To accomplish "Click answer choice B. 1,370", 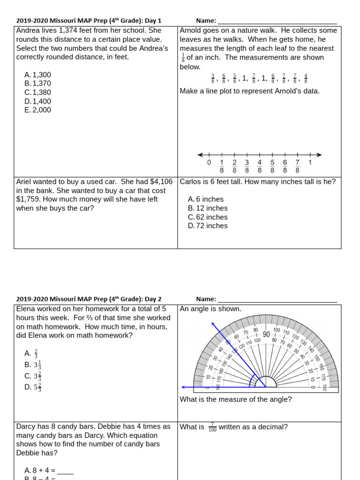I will point(37,83).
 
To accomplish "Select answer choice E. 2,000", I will point(37,110).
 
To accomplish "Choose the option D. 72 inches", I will point(208,226).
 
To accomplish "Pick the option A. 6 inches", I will point(206,199).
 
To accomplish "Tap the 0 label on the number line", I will point(209,163).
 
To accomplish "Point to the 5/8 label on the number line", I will point(272,166).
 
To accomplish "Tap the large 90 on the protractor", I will point(266,334).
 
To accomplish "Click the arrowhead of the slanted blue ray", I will point(214,324).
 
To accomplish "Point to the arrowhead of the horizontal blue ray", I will point(183,388).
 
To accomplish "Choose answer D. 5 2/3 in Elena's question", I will point(33,387).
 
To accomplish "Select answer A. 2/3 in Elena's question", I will point(32,353).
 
